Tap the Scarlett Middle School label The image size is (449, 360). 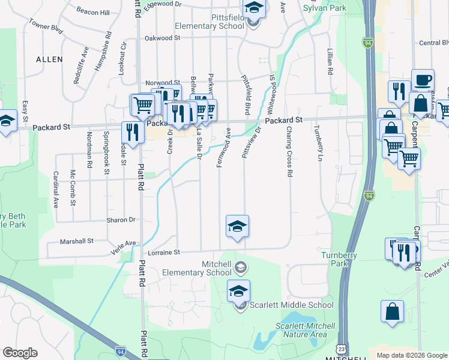click(291, 305)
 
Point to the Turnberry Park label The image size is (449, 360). click(339, 259)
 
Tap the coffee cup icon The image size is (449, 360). click(423, 80)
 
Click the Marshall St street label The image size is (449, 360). click(77, 241)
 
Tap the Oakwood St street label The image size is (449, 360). click(162, 38)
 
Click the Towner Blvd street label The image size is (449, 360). click(46, 27)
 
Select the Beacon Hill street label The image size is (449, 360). click(93, 12)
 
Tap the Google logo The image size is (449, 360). click(20, 353)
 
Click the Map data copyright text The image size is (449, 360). click(412, 355)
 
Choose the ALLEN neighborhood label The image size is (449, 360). click(49, 59)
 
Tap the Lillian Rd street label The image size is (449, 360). click(330, 62)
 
